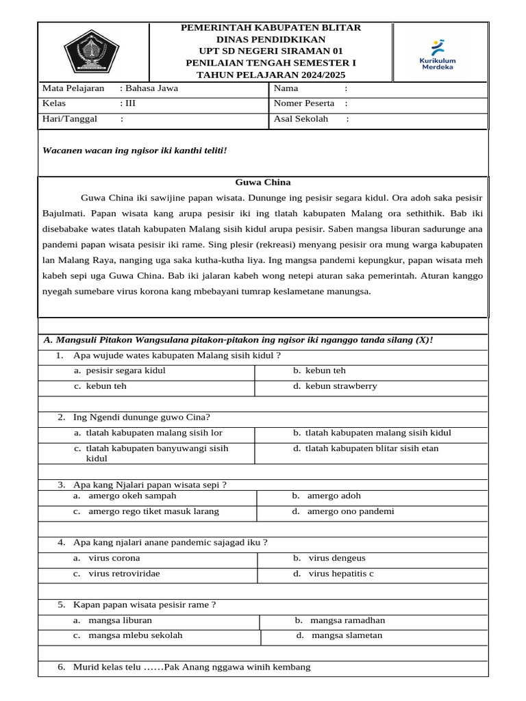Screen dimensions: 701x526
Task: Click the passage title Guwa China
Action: click(x=263, y=182)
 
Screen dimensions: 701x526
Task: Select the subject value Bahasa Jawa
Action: click(x=148, y=88)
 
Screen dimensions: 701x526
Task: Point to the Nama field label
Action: click(x=286, y=88)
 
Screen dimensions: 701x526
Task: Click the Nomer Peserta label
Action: click(x=304, y=103)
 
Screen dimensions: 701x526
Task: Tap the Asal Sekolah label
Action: click(x=301, y=118)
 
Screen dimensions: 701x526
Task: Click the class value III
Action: click(x=131, y=103)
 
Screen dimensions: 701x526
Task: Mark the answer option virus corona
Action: click(x=114, y=558)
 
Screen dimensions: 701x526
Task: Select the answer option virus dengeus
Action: click(x=337, y=558)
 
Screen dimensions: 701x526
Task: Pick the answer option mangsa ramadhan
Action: click(x=347, y=620)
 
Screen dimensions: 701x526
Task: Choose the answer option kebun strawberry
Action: click(x=340, y=386)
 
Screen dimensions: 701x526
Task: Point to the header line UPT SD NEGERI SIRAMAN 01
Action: click(x=271, y=51)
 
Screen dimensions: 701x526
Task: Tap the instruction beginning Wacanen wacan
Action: click(x=134, y=150)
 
